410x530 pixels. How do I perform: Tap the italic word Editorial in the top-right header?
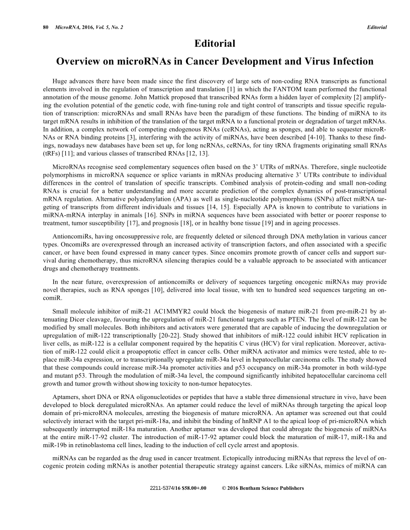pos(377,27)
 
